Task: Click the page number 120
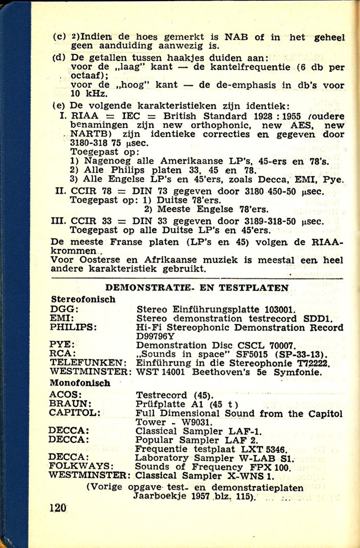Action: coord(58,508)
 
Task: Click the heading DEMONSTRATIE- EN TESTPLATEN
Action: coord(197,288)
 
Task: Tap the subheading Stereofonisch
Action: coord(83,299)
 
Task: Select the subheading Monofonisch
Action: coord(80,383)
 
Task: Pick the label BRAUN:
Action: coord(71,404)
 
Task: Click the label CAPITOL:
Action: coord(75,413)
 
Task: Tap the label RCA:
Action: coord(63,354)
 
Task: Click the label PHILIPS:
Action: coord(73,327)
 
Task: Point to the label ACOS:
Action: coord(67,395)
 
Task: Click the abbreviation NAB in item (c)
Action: coord(237,37)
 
